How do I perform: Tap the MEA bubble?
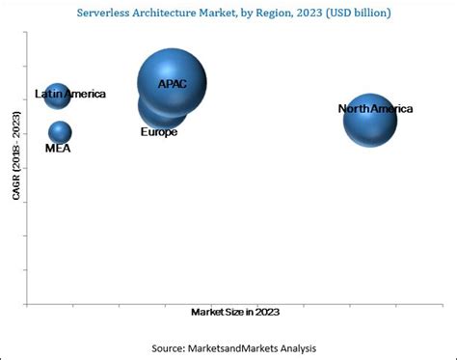[x=60, y=132]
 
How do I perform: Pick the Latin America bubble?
[x=57, y=95]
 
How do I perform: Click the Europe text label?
[x=159, y=131]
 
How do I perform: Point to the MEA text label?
[x=58, y=149]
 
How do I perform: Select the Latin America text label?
[x=70, y=95]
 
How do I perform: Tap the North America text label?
[x=375, y=109]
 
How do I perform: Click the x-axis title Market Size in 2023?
[x=236, y=312]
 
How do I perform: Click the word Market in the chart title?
[x=237, y=14]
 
